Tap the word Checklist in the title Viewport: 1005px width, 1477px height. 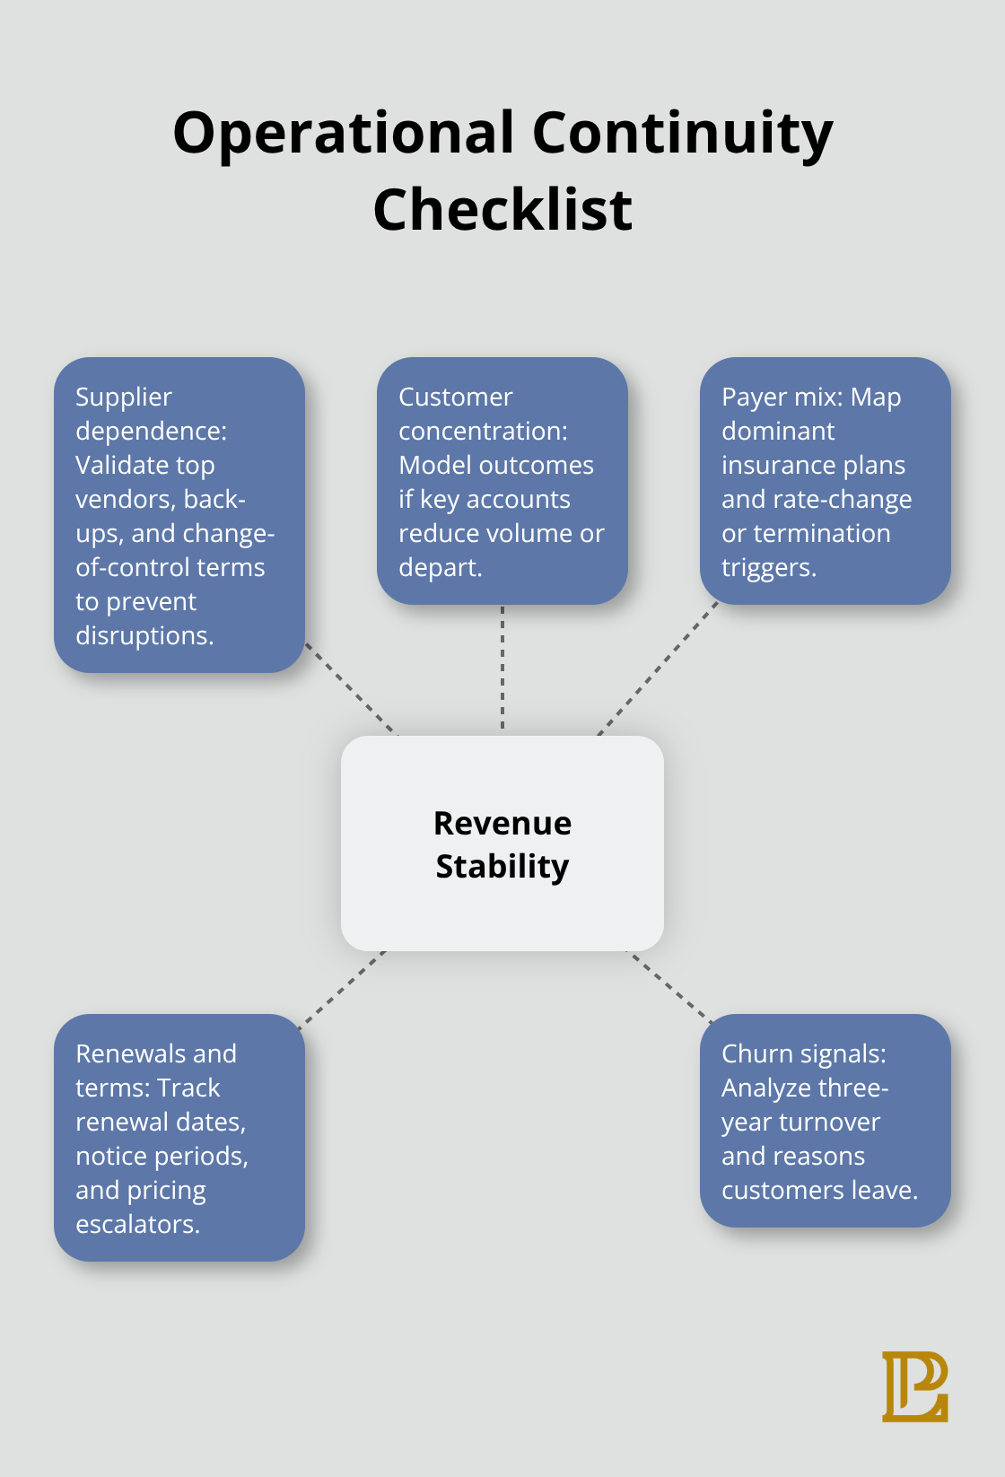502,210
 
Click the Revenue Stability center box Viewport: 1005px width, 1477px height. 502,843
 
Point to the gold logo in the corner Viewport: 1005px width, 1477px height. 915,1386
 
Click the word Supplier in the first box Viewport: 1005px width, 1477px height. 124,398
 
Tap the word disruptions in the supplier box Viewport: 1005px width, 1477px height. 144,635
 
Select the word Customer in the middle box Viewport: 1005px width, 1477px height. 456,397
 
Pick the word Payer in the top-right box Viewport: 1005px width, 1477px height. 749,398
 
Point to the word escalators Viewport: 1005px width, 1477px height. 138,1225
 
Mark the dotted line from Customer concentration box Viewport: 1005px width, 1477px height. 502,668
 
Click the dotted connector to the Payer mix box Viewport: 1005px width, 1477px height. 658,669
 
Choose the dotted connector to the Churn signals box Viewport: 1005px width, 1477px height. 669,986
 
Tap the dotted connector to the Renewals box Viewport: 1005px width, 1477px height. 342,989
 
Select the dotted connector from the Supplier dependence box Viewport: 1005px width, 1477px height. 351,689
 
